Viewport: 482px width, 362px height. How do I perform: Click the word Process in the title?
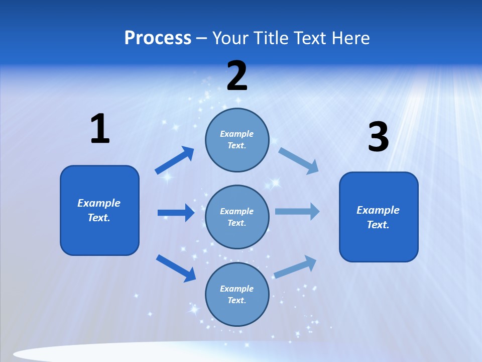[x=158, y=38]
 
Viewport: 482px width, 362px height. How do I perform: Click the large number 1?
[x=100, y=129]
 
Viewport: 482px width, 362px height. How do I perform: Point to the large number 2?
[x=237, y=76]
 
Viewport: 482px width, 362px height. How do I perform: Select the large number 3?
[x=378, y=137]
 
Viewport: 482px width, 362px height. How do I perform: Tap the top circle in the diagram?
[x=237, y=140]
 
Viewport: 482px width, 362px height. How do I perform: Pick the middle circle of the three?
[x=237, y=217]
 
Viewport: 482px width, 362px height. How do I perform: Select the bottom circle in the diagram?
[x=237, y=294]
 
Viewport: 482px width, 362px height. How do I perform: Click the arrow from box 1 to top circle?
[x=175, y=160]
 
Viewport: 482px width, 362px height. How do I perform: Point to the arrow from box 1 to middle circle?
[x=176, y=213]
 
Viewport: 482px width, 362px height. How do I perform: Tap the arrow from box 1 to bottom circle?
[x=176, y=268]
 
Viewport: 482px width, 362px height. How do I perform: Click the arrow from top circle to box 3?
[x=298, y=160]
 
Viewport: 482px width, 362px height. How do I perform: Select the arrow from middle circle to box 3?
[x=297, y=211]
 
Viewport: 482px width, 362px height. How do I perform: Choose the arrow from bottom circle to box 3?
[x=295, y=267]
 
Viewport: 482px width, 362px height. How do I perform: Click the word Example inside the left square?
[x=99, y=203]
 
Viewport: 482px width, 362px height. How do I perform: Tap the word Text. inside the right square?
[x=378, y=225]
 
